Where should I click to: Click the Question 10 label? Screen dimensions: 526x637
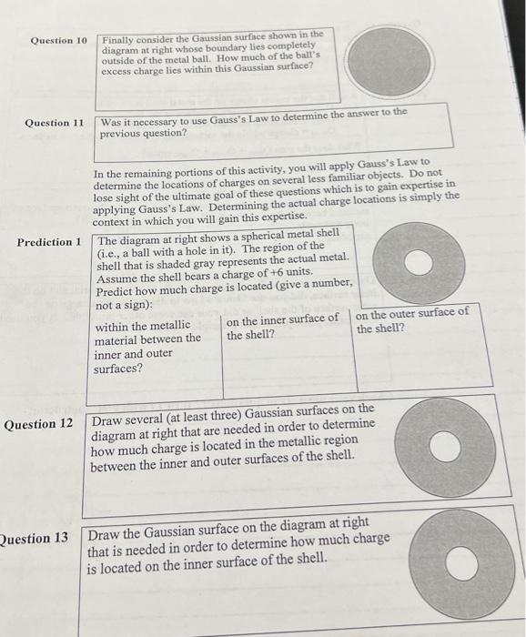tap(58, 41)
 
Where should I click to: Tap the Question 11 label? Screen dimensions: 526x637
tap(54, 123)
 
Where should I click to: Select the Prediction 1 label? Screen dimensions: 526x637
tap(49, 242)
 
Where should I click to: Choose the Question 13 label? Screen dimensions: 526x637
tap(35, 538)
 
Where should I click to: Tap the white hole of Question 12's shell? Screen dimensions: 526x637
tap(444, 448)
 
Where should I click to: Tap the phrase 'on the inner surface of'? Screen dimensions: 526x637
tap(282, 318)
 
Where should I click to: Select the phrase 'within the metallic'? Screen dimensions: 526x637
tap(143, 325)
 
